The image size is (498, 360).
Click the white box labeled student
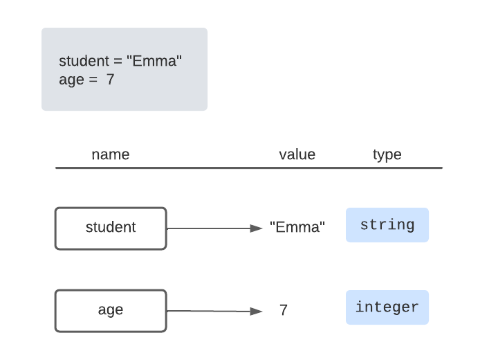coord(111,228)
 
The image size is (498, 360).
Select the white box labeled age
coord(111,310)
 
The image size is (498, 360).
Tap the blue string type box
coord(387,225)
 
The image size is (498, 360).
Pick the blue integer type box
coord(387,307)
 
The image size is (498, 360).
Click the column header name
coord(111,154)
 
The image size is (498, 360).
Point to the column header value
coord(297,154)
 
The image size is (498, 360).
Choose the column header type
coord(387,154)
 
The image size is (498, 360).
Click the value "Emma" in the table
coord(297,228)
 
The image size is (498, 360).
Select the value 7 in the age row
coord(284,310)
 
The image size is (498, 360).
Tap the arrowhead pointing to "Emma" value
coord(257,228)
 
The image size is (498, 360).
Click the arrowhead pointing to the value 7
coord(257,312)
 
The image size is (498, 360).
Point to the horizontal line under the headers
coord(249,168)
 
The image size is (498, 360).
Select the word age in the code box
coord(71,80)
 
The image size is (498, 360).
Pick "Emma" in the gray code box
coord(154,62)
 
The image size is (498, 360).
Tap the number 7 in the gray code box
coord(110,80)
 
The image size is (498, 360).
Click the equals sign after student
coord(118,62)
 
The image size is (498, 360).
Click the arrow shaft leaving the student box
coord(207,228)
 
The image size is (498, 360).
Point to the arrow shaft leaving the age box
coord(207,311)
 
